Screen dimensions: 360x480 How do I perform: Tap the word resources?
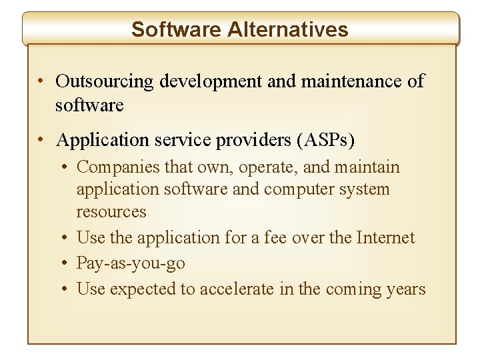click(x=111, y=211)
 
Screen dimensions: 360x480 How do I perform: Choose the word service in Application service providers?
click(x=178, y=140)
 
